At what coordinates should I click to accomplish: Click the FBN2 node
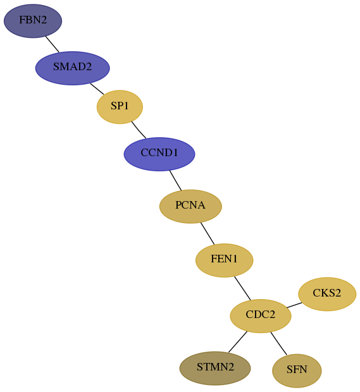33,21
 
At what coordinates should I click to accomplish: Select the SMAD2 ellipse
73,68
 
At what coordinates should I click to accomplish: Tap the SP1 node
120,107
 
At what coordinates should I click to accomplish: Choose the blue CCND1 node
159,154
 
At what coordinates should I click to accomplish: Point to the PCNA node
190,206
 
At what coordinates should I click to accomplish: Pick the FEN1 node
225,260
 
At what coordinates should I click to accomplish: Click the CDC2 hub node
261,315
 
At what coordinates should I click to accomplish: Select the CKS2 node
327,294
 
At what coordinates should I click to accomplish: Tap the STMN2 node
215,368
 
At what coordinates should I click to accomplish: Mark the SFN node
297,371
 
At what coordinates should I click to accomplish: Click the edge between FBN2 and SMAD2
53,44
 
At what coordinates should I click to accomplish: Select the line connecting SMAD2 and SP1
97,89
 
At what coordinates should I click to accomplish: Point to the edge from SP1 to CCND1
139,130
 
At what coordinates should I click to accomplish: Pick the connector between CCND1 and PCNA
175,180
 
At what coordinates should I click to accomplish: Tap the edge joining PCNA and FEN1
208,233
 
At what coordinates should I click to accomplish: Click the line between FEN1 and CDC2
242,288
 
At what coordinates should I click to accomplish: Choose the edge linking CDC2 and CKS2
294,305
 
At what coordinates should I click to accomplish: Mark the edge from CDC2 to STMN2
238,342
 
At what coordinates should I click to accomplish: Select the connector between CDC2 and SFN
278,343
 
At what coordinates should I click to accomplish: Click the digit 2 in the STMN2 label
231,367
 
